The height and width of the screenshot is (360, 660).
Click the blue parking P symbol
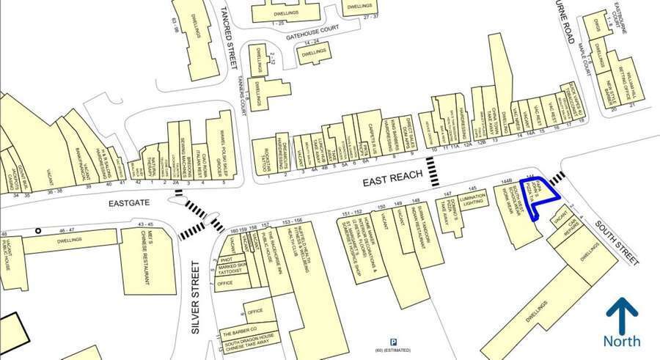click(394, 341)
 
